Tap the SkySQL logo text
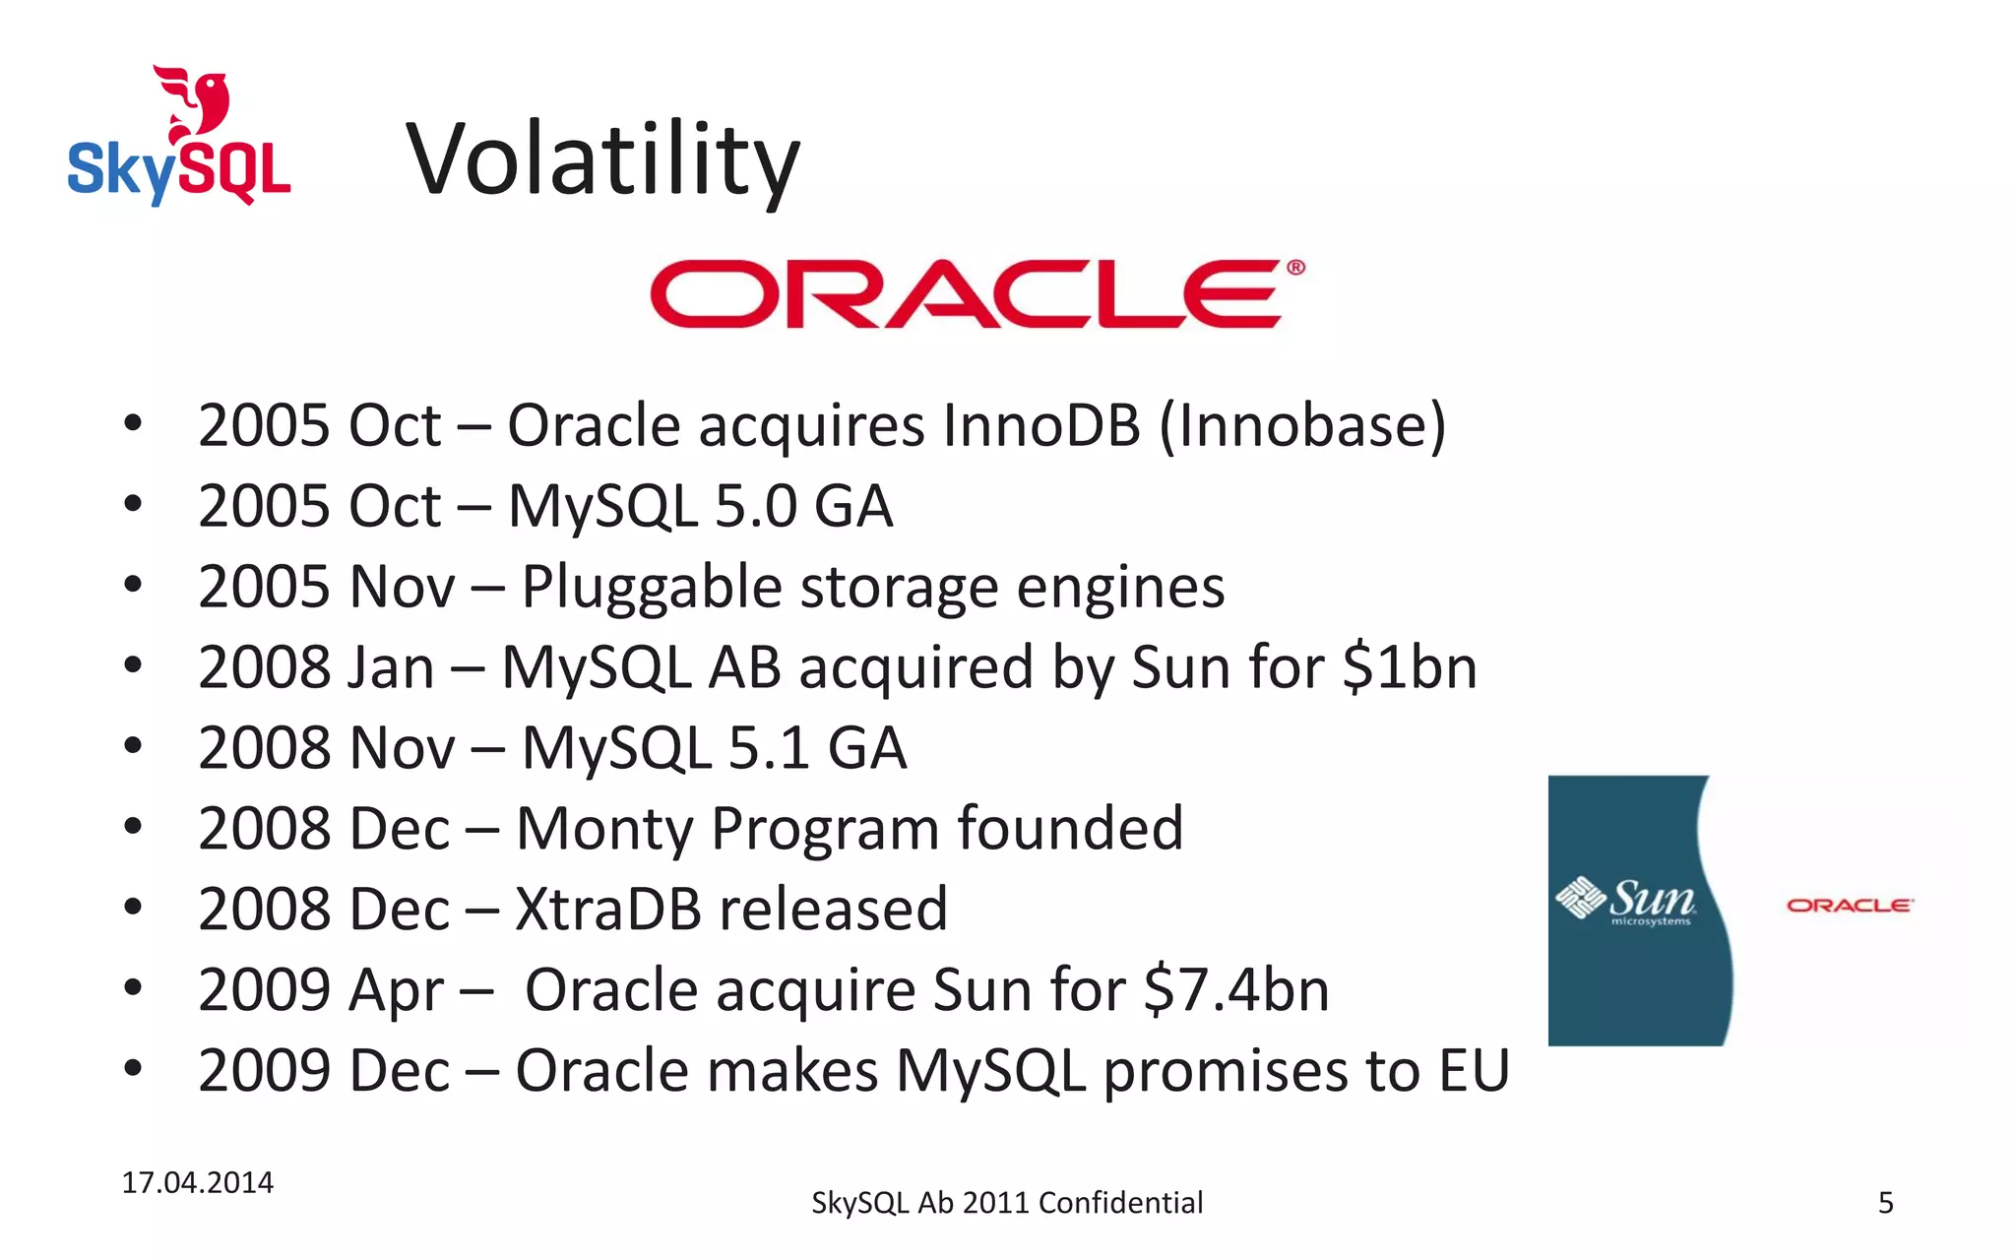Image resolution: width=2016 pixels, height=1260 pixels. click(x=179, y=169)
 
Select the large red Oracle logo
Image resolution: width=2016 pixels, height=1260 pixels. click(x=976, y=293)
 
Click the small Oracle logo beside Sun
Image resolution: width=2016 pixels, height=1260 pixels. click(x=1850, y=905)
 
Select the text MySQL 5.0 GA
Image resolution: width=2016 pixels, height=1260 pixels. click(x=700, y=506)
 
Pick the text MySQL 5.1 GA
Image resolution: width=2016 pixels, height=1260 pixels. click(x=714, y=748)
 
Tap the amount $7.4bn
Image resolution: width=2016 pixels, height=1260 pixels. click(x=1236, y=989)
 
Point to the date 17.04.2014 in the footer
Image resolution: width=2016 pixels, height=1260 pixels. click(x=197, y=1182)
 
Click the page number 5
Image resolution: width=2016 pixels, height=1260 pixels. click(x=1885, y=1203)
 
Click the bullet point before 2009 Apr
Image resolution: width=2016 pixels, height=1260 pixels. click(x=133, y=987)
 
